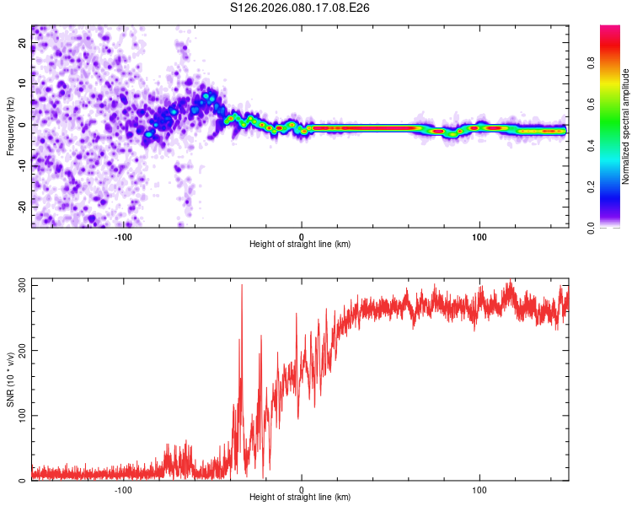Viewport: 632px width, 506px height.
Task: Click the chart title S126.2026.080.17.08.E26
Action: coord(301,8)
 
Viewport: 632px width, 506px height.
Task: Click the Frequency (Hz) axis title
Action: coord(10,126)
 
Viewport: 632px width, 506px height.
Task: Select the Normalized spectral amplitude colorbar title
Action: coord(626,126)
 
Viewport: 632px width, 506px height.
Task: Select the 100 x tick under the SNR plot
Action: coord(479,490)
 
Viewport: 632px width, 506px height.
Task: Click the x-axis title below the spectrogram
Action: coord(300,245)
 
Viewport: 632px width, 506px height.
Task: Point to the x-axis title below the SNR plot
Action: coord(300,498)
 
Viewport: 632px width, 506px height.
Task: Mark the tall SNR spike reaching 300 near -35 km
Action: coord(242,287)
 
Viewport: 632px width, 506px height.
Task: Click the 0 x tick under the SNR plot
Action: coord(302,490)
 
